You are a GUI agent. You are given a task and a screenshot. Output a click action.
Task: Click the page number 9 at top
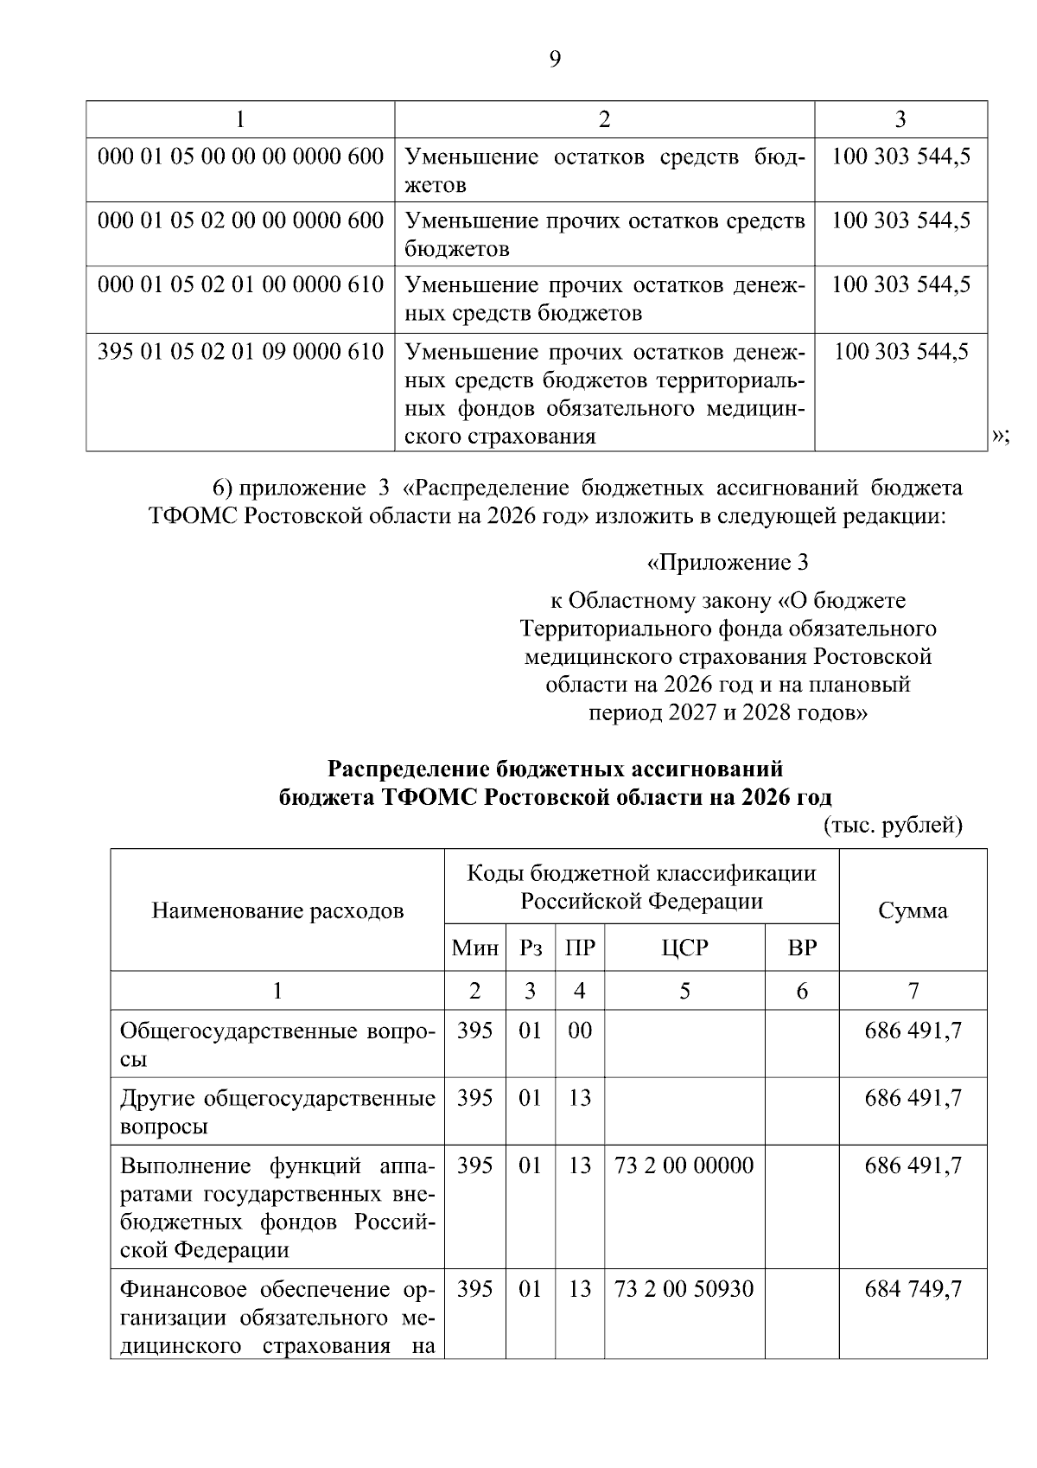click(554, 59)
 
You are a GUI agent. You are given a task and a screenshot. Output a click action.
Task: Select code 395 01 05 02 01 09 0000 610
click(240, 352)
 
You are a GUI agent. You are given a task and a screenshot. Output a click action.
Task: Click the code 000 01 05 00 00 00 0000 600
click(240, 156)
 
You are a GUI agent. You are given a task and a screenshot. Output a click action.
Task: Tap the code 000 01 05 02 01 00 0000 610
click(240, 285)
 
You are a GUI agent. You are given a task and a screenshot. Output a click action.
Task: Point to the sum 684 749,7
click(913, 1289)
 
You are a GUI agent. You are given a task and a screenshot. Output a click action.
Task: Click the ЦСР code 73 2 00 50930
click(684, 1289)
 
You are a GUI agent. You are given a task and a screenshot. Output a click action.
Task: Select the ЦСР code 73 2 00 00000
click(684, 1165)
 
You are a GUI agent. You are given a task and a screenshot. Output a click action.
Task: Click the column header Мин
click(474, 948)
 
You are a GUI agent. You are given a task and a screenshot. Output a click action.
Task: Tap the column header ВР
click(802, 948)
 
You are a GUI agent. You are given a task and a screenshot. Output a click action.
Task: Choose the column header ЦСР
click(684, 948)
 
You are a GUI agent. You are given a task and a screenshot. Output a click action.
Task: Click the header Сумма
click(913, 910)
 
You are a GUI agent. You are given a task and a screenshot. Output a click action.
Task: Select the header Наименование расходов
click(277, 910)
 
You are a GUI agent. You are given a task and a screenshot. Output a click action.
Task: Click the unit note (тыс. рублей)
click(893, 826)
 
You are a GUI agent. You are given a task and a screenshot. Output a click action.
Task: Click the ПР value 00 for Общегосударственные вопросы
click(580, 1031)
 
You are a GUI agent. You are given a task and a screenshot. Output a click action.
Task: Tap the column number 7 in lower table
click(913, 991)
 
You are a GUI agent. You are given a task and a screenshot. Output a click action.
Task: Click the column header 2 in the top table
click(604, 119)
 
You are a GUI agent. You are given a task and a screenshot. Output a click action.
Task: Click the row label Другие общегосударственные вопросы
click(277, 1112)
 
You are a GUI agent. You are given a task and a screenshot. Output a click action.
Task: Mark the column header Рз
click(530, 948)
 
